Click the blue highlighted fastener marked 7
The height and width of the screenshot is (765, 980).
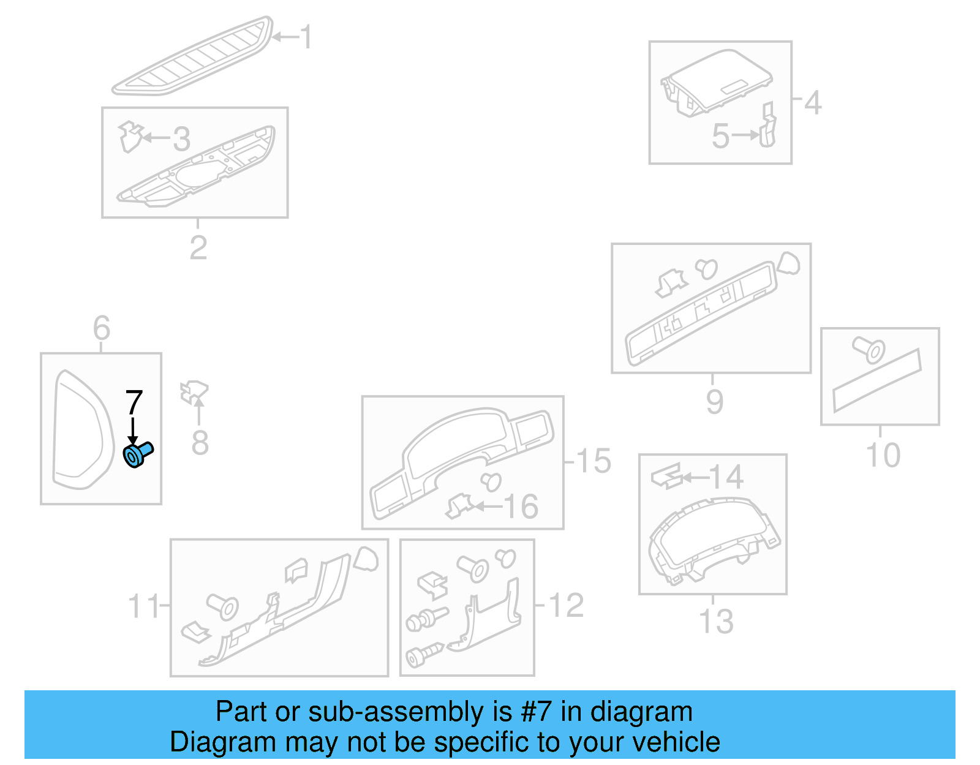click(x=138, y=454)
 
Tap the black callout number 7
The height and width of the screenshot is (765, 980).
click(x=134, y=403)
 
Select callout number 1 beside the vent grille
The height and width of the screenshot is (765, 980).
click(x=306, y=37)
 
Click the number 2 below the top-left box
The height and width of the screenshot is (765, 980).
click(x=198, y=247)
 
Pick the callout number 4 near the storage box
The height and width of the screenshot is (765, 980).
click(x=812, y=103)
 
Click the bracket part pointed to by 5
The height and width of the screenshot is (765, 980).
click(x=767, y=127)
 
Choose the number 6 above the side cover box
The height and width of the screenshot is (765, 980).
click(x=102, y=328)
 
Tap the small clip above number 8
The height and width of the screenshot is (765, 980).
click(x=194, y=391)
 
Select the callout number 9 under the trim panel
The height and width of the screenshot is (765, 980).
click(x=714, y=402)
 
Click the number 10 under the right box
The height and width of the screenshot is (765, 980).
click(x=883, y=456)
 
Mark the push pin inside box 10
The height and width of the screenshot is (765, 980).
click(x=869, y=350)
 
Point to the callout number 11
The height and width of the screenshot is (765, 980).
click(x=143, y=606)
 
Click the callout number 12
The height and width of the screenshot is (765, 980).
click(x=566, y=606)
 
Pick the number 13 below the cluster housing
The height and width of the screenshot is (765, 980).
click(x=716, y=621)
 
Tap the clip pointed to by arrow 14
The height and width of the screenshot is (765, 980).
click(x=666, y=476)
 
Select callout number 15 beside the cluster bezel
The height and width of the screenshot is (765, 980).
click(x=593, y=461)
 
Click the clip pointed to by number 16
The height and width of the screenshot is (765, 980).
click(x=459, y=506)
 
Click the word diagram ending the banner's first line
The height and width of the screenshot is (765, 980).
click(x=641, y=712)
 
